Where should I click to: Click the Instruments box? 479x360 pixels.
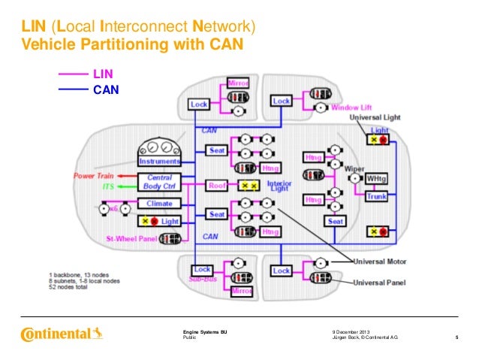pos(158,161)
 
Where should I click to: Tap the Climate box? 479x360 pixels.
pos(158,203)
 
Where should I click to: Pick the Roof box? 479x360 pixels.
pos(216,185)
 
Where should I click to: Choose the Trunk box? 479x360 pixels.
pos(375,196)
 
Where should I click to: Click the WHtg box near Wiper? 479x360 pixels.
pos(375,178)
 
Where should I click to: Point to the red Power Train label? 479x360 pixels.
pos(93,176)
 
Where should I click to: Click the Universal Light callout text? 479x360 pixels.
pos(379,118)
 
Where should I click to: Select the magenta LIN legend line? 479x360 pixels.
pos(74,74)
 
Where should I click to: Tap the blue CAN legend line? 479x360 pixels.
pos(74,88)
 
